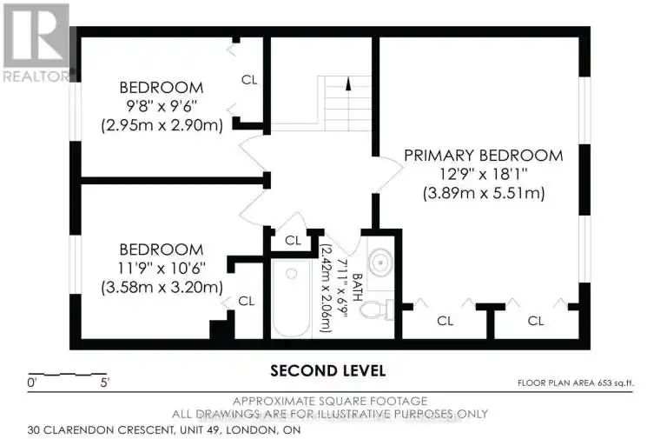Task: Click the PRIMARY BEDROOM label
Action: click(483, 156)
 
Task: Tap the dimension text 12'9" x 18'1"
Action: click(484, 174)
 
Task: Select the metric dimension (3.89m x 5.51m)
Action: click(484, 193)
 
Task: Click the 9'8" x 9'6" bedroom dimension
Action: click(162, 106)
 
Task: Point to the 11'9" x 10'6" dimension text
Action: click(162, 268)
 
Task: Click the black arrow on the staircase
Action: click(348, 83)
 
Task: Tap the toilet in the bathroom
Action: click(377, 310)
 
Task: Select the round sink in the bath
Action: click(380, 263)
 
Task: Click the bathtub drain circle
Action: click(291, 274)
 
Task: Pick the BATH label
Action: click(357, 288)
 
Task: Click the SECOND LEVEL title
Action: click(327, 370)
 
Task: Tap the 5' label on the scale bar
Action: click(105, 383)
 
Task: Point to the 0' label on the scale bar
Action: click(32, 383)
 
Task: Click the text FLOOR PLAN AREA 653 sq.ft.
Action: click(576, 383)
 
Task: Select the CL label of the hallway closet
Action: click(293, 241)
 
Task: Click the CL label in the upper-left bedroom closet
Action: click(249, 80)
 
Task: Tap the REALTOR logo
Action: click(36, 42)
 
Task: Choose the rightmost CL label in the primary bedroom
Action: click(536, 321)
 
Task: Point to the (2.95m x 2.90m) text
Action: click(162, 125)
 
